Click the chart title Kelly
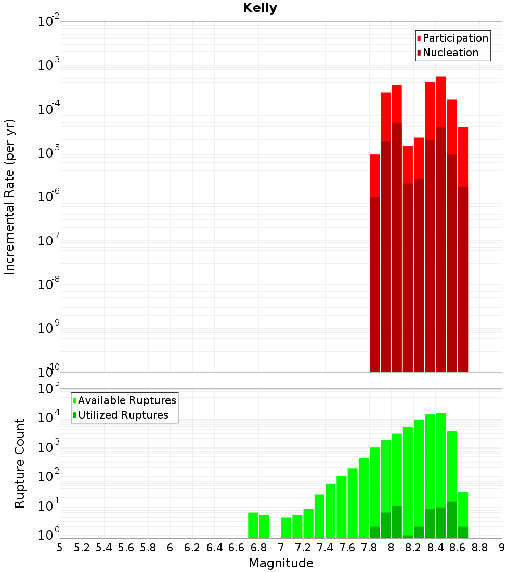[x=260, y=8]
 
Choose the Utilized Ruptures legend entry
[x=123, y=415]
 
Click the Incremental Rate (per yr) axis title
[x=10, y=197]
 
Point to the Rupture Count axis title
[x=20, y=463]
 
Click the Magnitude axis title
[x=281, y=563]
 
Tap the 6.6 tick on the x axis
[x=237, y=548]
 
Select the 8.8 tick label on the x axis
[x=479, y=548]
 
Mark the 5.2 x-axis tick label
[x=82, y=548]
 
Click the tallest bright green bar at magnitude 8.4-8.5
[x=441, y=458]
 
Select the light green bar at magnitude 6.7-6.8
[x=253, y=525]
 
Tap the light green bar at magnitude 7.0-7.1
[x=287, y=528]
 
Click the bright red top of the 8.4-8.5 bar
[x=441, y=101]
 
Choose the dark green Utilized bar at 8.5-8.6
[x=452, y=520]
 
